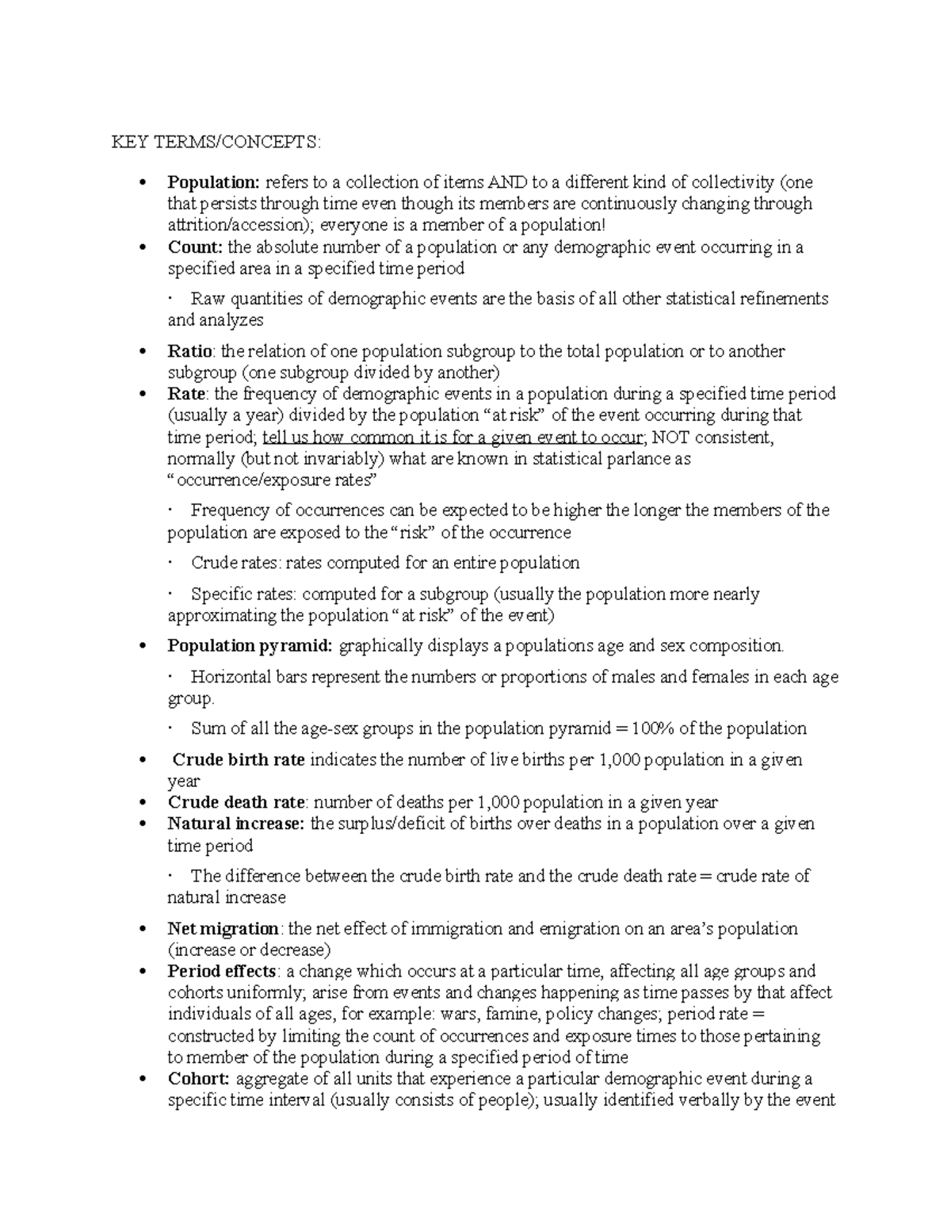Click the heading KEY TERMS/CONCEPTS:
(x=216, y=143)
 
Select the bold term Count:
(x=195, y=247)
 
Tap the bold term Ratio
(x=189, y=351)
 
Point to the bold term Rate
(x=186, y=394)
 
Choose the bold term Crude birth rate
(x=238, y=760)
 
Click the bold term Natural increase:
(x=235, y=824)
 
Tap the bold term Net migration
(x=222, y=928)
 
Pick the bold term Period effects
(x=221, y=971)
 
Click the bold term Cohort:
(x=198, y=1079)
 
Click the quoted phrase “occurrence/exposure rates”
(x=273, y=480)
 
